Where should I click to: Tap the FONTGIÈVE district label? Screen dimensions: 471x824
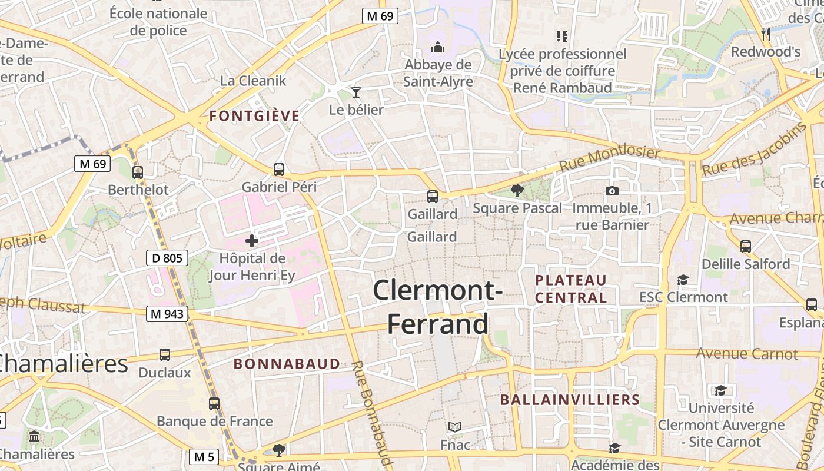(x=254, y=116)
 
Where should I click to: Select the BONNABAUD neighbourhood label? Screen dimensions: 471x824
(x=287, y=364)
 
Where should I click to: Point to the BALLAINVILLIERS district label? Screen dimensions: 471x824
(x=570, y=400)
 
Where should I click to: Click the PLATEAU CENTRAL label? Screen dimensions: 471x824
(x=571, y=288)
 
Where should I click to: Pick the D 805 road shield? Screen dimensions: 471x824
(x=167, y=257)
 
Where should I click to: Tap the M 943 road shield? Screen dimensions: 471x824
(x=167, y=314)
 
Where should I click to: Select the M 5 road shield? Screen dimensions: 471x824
(x=204, y=456)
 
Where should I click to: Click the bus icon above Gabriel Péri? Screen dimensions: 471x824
(x=279, y=170)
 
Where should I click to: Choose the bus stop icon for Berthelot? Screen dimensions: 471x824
(x=138, y=173)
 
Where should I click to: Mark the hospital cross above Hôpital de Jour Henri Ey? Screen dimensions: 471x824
(x=252, y=240)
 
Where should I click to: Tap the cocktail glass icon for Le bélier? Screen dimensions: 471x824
(x=355, y=92)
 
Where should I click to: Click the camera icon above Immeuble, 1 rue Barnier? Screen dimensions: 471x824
(x=612, y=191)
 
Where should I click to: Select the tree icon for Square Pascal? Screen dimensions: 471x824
(x=517, y=190)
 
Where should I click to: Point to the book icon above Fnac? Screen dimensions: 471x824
(x=455, y=427)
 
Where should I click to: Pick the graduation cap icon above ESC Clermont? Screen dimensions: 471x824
(x=683, y=280)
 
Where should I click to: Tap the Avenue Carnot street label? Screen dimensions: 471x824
(x=746, y=354)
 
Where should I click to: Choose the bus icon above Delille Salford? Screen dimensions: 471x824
(x=746, y=246)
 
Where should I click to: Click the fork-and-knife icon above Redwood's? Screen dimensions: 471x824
(x=765, y=34)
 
